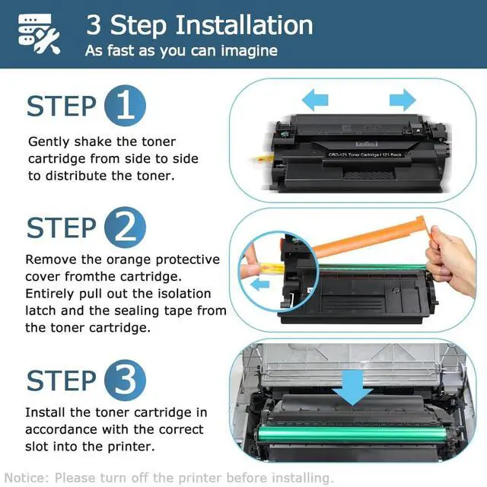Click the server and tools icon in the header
point(39,34)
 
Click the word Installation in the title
point(244,25)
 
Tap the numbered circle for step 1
point(125,106)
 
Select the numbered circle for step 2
point(125,228)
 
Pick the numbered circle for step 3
point(125,380)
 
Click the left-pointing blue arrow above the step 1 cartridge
point(315,100)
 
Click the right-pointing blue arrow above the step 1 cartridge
point(403,100)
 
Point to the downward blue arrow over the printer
point(352,387)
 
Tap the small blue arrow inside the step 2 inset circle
point(260,284)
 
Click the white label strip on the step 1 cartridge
point(365,154)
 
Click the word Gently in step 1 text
point(49,142)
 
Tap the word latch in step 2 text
point(41,310)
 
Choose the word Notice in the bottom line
point(27,477)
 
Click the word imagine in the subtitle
point(249,51)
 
